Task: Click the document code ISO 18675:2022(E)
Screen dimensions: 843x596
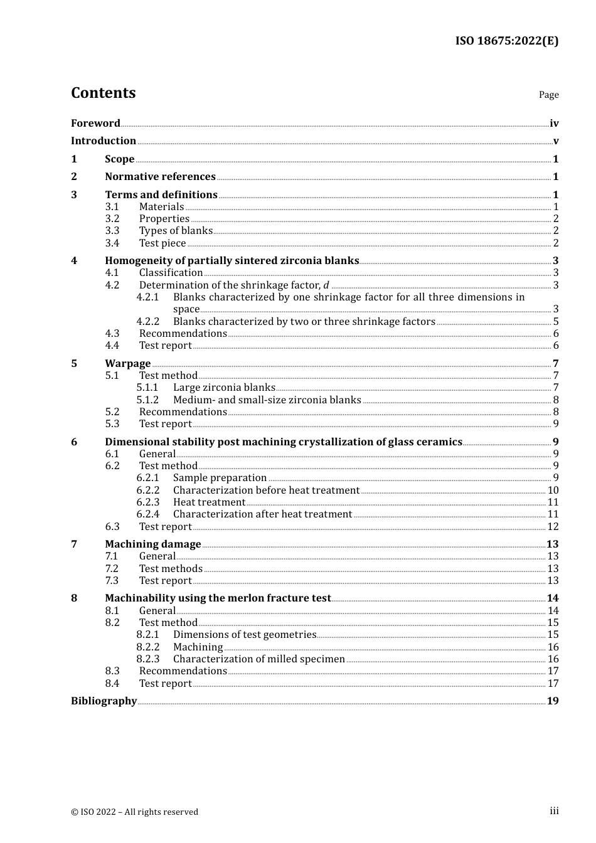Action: click(x=506, y=41)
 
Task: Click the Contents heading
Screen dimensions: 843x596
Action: click(x=103, y=93)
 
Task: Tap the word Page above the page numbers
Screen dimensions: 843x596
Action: click(x=548, y=95)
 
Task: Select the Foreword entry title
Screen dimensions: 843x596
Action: click(x=95, y=123)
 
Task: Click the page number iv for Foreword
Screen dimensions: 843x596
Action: click(x=554, y=124)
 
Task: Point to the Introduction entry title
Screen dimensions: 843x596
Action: click(x=104, y=140)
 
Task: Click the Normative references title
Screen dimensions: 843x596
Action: click(x=160, y=177)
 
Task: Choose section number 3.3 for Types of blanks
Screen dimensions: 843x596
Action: click(x=112, y=231)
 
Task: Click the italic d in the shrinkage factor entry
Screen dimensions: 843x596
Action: click(x=326, y=285)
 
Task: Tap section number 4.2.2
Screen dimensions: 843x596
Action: click(x=148, y=322)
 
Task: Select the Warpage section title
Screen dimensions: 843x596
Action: click(x=127, y=364)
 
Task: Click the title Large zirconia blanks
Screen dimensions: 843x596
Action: click(x=224, y=388)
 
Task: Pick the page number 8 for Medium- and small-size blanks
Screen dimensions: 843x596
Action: click(x=556, y=400)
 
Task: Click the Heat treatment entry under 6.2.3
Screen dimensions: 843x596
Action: click(x=209, y=502)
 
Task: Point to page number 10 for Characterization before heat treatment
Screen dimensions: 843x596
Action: click(x=553, y=490)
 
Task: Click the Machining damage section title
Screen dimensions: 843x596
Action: click(x=152, y=544)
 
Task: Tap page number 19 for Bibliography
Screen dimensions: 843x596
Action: click(x=552, y=701)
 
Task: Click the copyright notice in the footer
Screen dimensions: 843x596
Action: click(x=134, y=812)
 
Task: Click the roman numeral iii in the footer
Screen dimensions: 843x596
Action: click(x=554, y=811)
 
